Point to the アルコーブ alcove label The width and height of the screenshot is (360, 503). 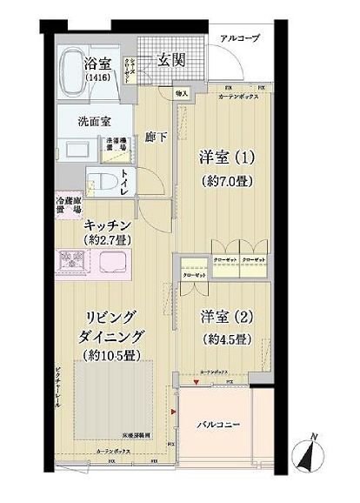click(239, 38)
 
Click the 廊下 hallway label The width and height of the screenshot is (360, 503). click(154, 138)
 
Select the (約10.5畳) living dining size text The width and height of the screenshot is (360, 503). click(110, 354)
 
